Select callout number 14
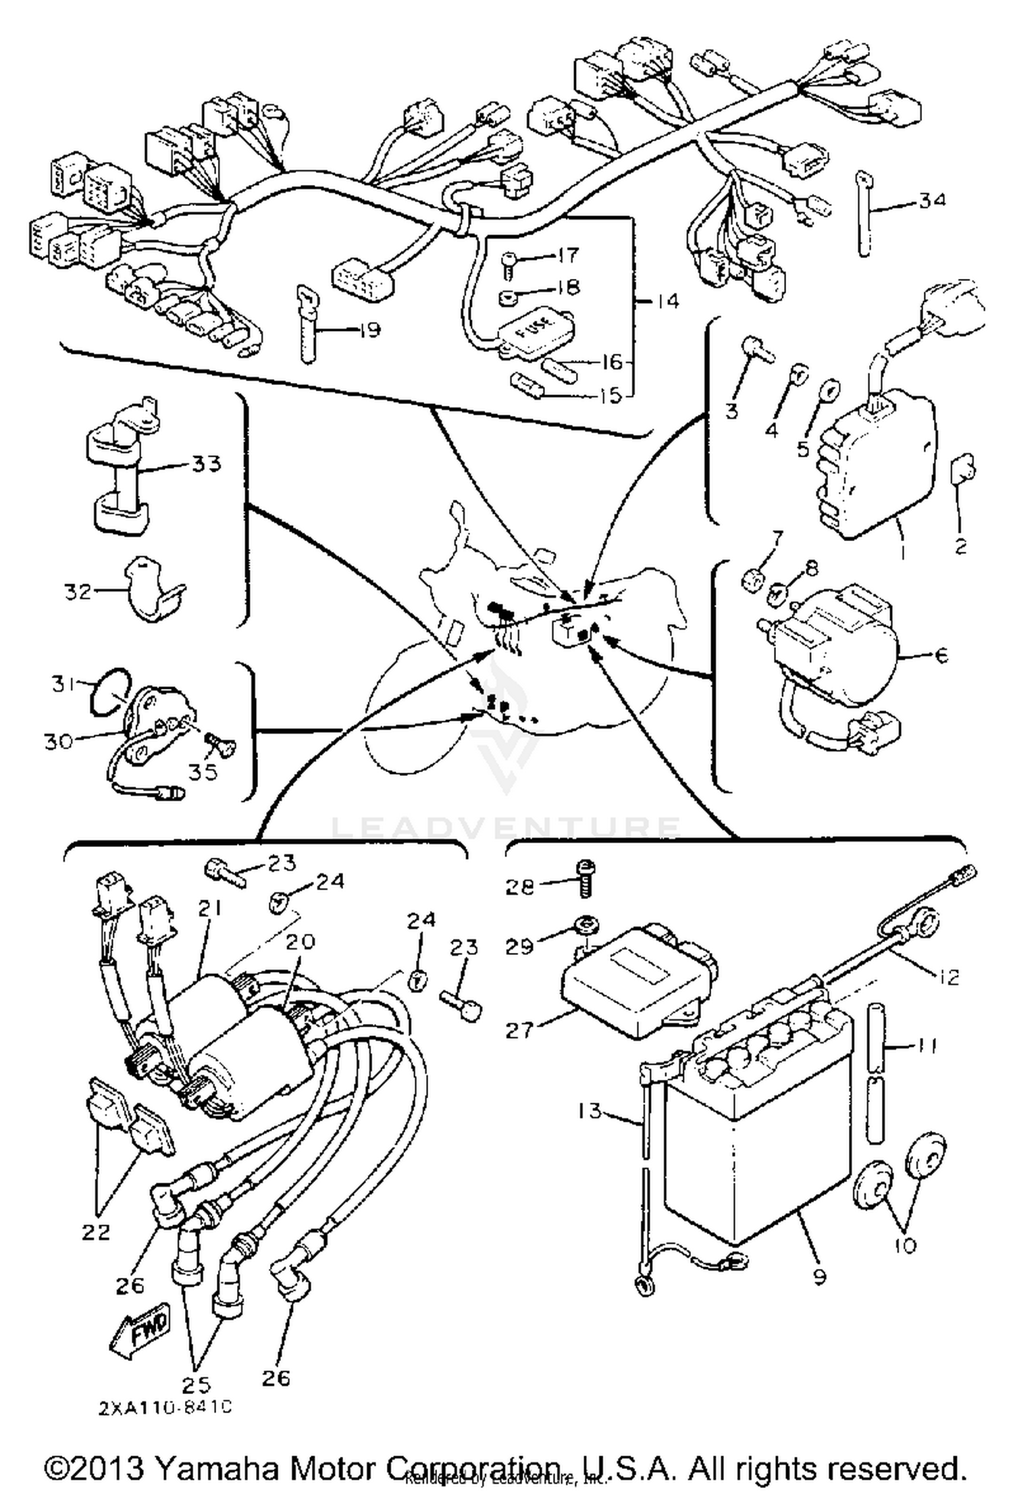pos(667,301)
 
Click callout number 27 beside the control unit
pos(519,1030)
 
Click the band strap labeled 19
pos(307,324)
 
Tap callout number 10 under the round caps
pos(905,1243)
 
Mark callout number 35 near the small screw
pos(203,771)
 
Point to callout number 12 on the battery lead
pos(949,976)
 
